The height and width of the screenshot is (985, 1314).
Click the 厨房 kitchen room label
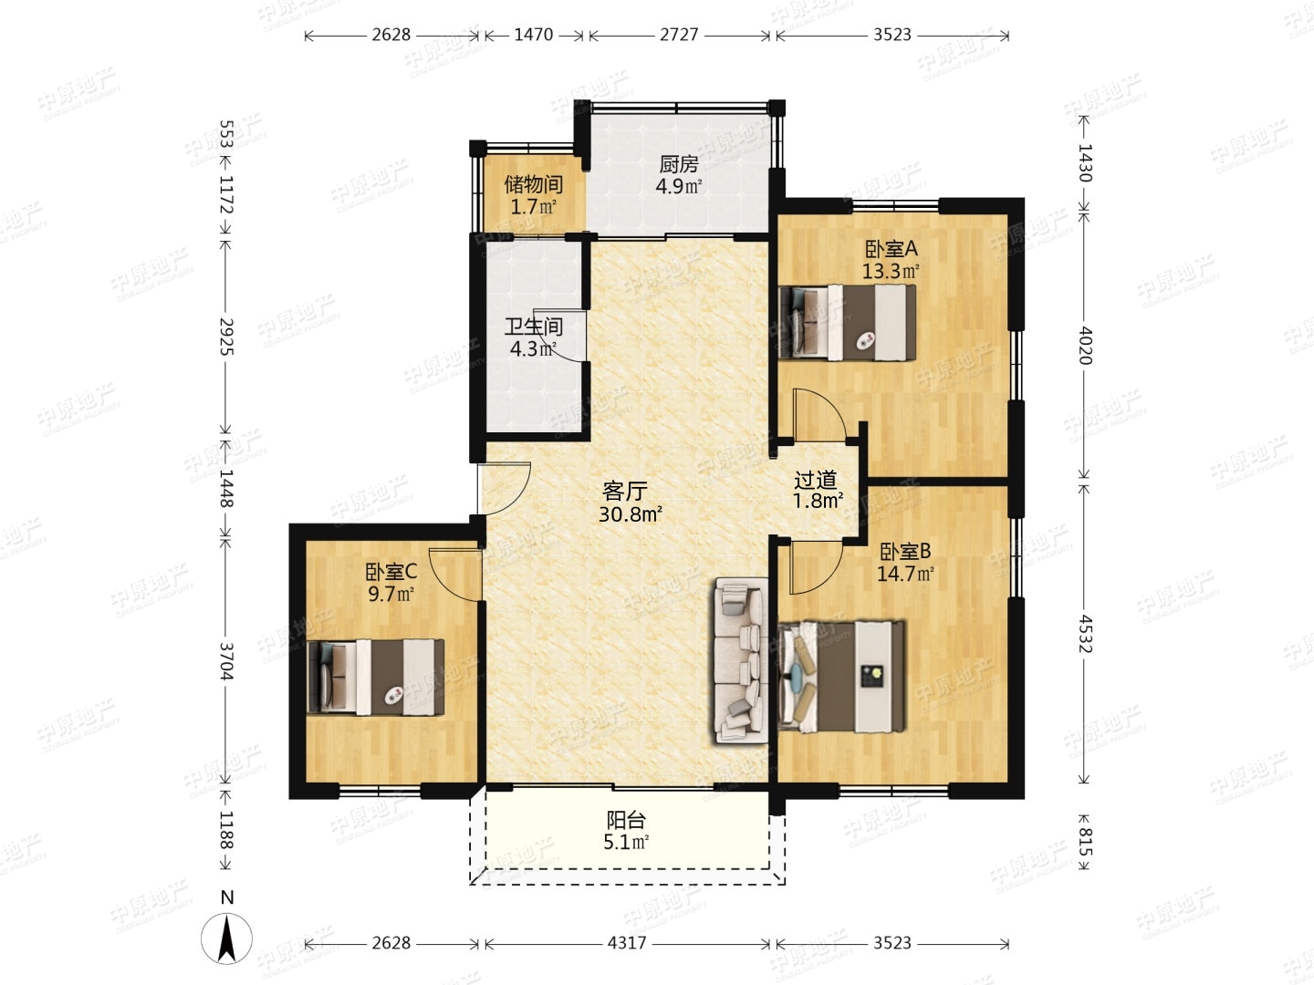pyautogui.click(x=679, y=163)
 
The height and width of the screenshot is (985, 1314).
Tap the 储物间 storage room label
pyautogui.click(x=534, y=185)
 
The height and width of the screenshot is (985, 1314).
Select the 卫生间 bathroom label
pyautogui.click(x=534, y=327)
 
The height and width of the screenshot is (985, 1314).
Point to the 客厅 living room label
pyautogui.click(x=625, y=492)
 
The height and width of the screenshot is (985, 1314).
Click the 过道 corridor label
pyautogui.click(x=816, y=480)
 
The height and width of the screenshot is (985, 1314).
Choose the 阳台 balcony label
pyautogui.click(x=626, y=819)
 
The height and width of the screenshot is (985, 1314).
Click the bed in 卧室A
pyautogui.click(x=848, y=323)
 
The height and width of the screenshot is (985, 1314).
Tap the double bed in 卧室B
pyautogui.click(x=841, y=677)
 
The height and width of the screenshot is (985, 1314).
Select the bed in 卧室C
pyautogui.click(x=376, y=678)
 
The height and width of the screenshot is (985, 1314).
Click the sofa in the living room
pyautogui.click(x=741, y=660)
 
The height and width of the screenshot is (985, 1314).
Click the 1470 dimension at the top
pyautogui.click(x=534, y=35)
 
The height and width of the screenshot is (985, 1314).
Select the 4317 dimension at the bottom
pyautogui.click(x=627, y=943)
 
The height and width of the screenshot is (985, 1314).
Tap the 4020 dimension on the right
pyautogui.click(x=1085, y=347)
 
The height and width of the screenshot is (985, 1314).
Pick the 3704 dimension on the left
pyautogui.click(x=225, y=661)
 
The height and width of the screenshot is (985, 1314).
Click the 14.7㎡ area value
pyautogui.click(x=905, y=575)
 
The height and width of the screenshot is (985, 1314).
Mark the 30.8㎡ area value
pyautogui.click(x=630, y=513)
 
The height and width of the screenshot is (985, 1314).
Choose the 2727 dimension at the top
pyautogui.click(x=679, y=35)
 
